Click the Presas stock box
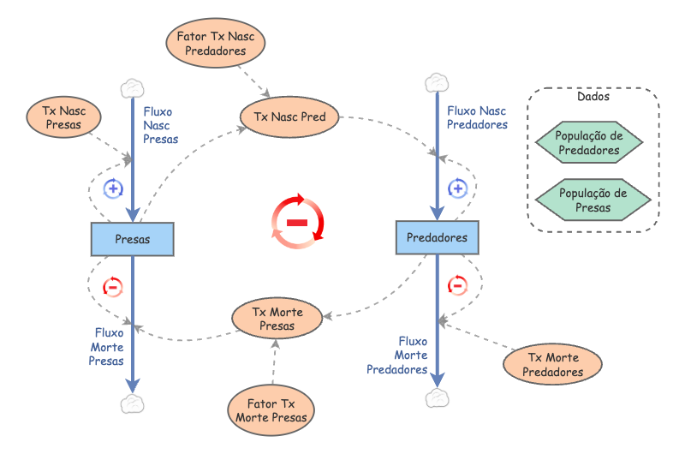(x=132, y=239)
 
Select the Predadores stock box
(x=437, y=237)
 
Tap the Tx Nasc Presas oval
(x=59, y=116)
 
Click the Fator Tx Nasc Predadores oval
(x=216, y=44)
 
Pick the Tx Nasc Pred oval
(x=289, y=116)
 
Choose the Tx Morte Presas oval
(x=277, y=319)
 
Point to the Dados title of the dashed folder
(x=593, y=97)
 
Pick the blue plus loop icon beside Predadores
(x=458, y=188)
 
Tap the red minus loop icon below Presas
(x=112, y=286)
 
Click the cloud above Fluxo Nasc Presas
(x=132, y=87)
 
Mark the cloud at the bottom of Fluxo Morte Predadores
(x=438, y=398)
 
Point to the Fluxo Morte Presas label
(x=108, y=347)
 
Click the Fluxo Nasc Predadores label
(x=477, y=117)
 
